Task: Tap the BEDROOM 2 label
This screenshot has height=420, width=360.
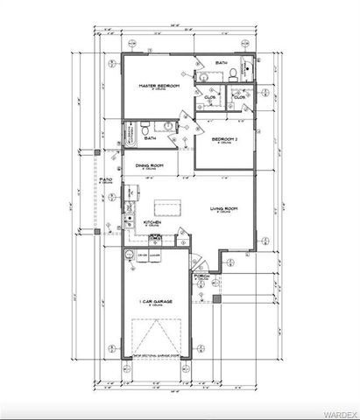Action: coord(221,139)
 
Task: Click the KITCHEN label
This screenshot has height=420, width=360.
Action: coord(152,223)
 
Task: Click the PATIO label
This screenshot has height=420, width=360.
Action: coord(105,178)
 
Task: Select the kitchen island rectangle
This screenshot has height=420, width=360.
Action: coord(164,207)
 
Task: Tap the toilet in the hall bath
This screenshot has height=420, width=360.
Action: coord(145,129)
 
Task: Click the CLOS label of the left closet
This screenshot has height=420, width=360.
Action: coord(210,97)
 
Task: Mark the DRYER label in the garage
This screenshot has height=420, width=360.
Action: coord(142,255)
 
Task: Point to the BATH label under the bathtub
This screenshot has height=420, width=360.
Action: coord(150,138)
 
